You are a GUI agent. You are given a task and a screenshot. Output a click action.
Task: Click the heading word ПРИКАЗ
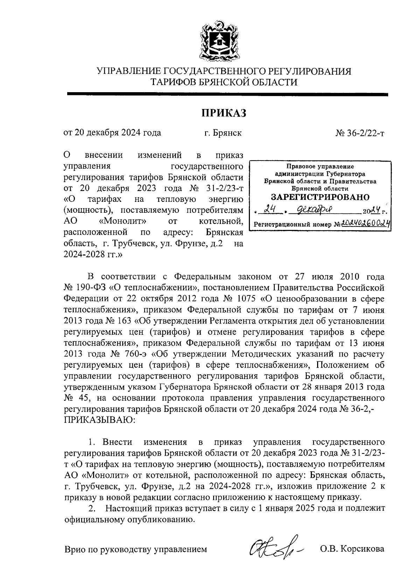pyautogui.click(x=224, y=113)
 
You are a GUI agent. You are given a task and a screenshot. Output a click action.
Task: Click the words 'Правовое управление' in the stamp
pyautogui.click(x=320, y=166)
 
